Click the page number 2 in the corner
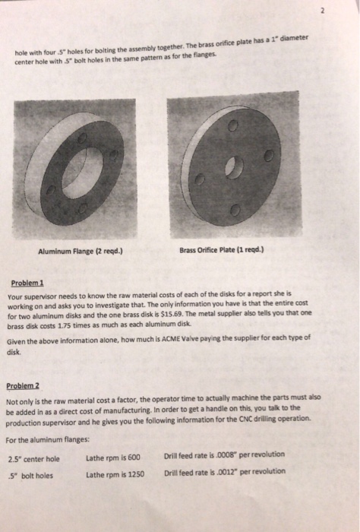pos(345,13)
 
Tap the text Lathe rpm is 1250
pos(115,473)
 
